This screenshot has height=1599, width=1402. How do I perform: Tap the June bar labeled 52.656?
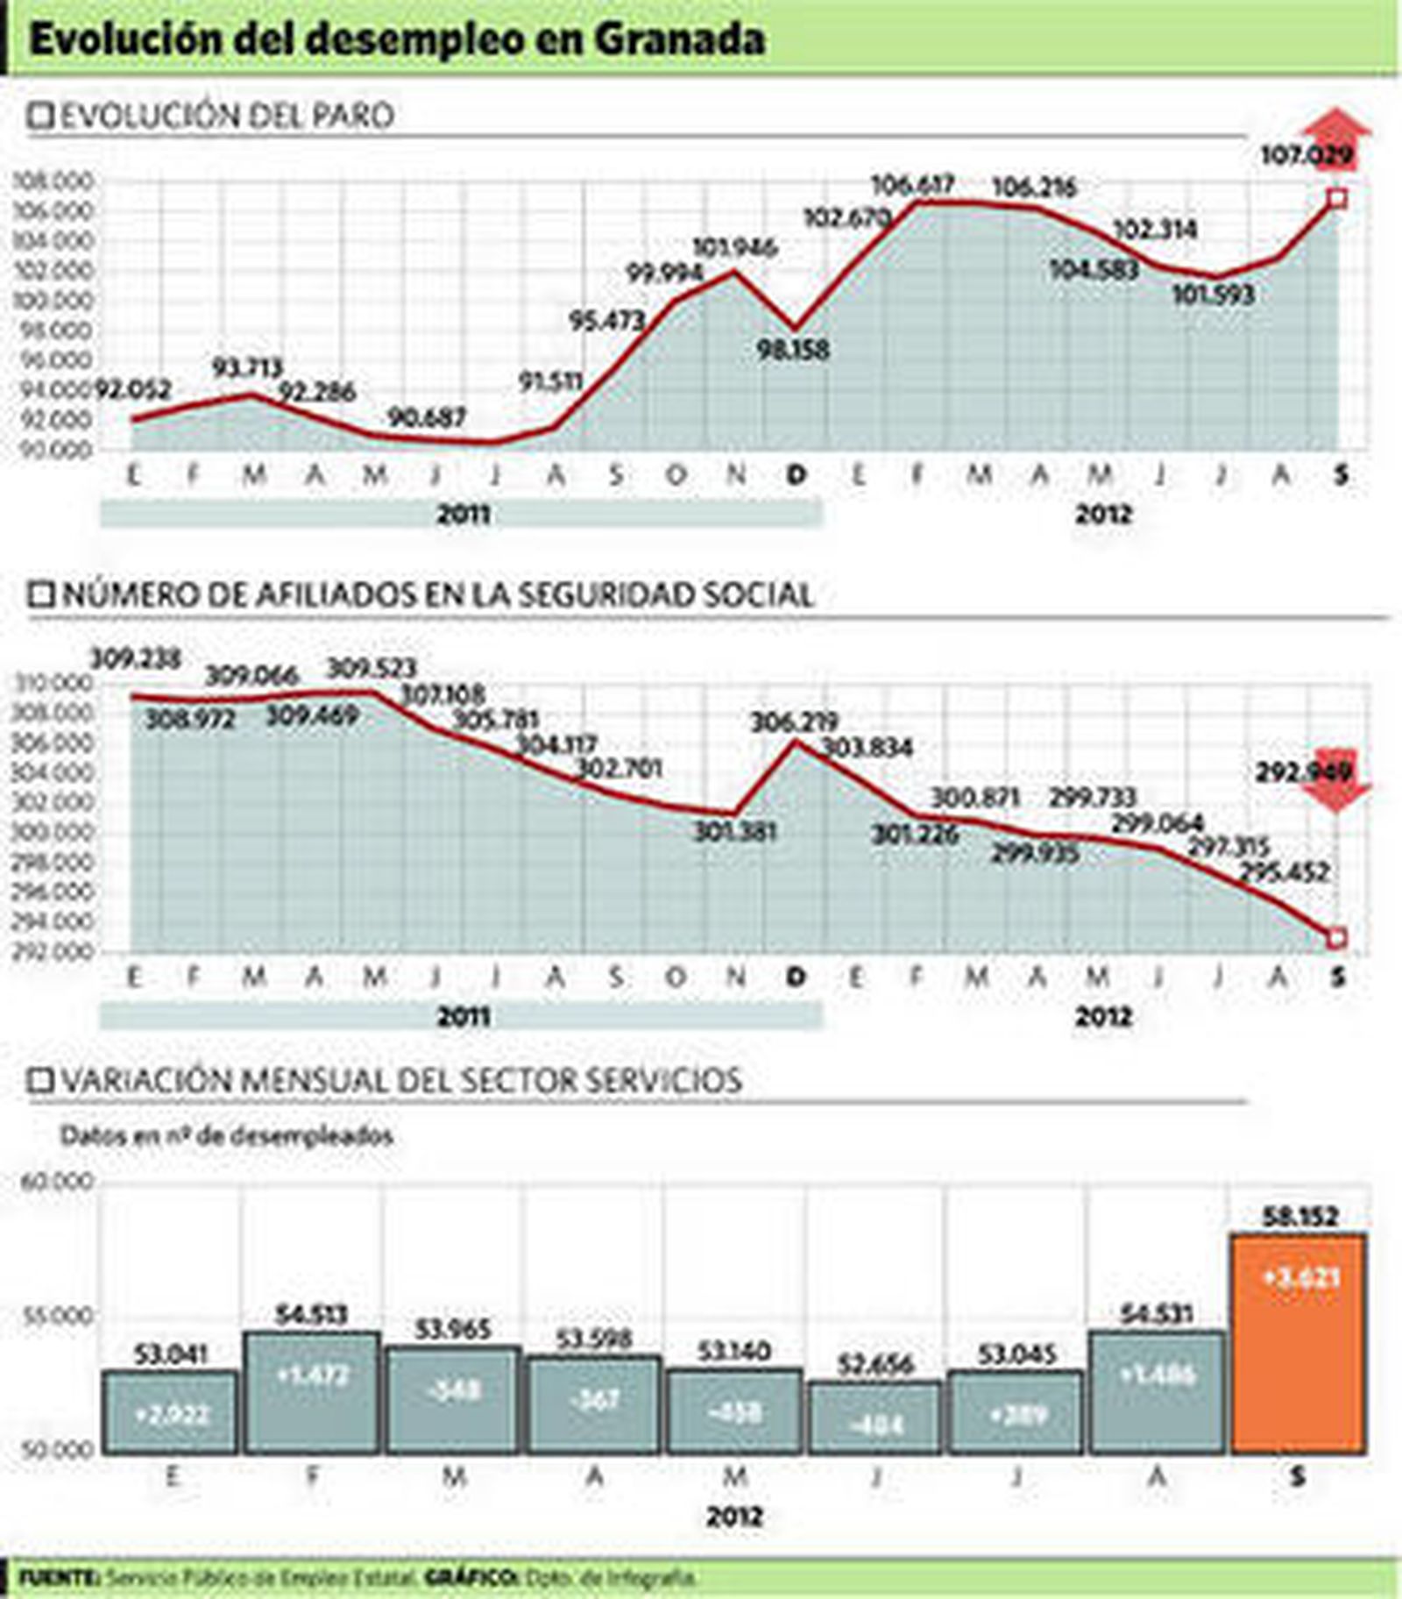[875, 1417]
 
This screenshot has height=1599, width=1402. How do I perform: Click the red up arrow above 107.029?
[1336, 131]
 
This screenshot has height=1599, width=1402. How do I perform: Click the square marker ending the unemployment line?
[1337, 199]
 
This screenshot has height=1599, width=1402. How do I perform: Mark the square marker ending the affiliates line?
[1336, 939]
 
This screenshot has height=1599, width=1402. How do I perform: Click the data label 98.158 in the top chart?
[794, 350]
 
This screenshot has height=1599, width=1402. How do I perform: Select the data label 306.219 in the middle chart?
[794, 722]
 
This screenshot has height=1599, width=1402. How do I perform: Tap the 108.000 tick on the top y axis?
[53, 181]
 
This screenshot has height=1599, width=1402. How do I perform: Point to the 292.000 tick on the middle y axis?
[53, 951]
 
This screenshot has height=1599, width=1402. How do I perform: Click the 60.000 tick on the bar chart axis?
[55, 1182]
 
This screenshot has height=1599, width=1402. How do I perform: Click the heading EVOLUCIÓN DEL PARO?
[226, 116]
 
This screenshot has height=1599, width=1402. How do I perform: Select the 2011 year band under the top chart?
[462, 515]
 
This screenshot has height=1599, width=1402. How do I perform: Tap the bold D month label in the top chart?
[796, 475]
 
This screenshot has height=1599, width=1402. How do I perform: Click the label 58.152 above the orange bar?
[1300, 1217]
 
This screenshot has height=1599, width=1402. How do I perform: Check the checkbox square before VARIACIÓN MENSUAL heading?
[40, 1081]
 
